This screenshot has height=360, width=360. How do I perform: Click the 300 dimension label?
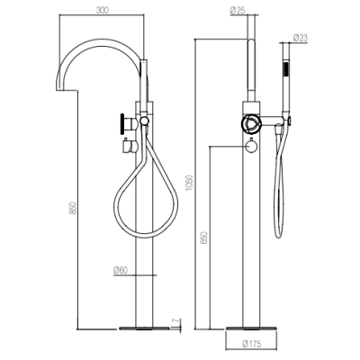(x=103, y=10)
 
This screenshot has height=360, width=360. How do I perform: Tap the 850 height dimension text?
(x=73, y=208)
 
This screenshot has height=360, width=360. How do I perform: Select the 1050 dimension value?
(x=190, y=184)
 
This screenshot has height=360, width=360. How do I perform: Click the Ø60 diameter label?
(x=121, y=270)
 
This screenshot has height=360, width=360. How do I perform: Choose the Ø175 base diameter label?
(x=252, y=344)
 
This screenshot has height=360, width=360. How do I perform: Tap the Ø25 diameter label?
(x=238, y=11)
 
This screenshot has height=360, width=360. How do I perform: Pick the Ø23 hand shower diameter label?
(x=301, y=38)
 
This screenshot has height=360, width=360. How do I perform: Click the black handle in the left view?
(x=122, y=123)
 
